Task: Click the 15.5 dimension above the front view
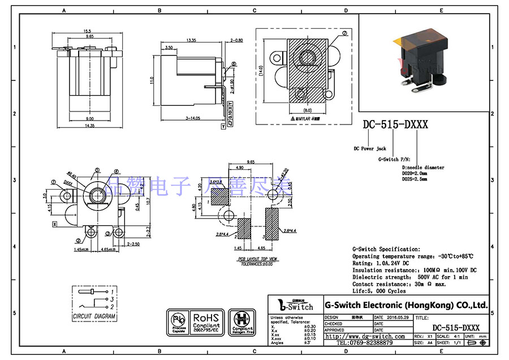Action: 88,31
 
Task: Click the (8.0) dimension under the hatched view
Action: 308,110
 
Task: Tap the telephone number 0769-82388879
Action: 368,342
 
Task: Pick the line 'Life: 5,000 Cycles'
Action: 379,291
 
